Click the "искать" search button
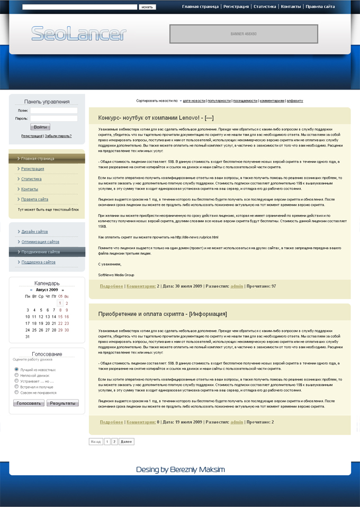coord(147,7)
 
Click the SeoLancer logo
coord(79,33)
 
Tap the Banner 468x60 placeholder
coord(244,34)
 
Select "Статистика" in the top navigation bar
coord(265,7)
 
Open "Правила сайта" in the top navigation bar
coord(320,7)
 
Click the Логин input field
coord(53,111)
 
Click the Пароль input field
coord(53,119)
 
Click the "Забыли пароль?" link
coord(58,136)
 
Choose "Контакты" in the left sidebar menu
coord(30,189)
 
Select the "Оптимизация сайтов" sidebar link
coord(40,242)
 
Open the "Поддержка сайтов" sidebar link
coord(38,262)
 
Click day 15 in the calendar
coord(60,316)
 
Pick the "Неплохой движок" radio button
coord(16,375)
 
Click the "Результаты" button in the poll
coord(62,403)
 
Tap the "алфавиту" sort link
coord(295,101)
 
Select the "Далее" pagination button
coord(127,441)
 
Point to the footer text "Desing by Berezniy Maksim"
coord(180,469)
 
